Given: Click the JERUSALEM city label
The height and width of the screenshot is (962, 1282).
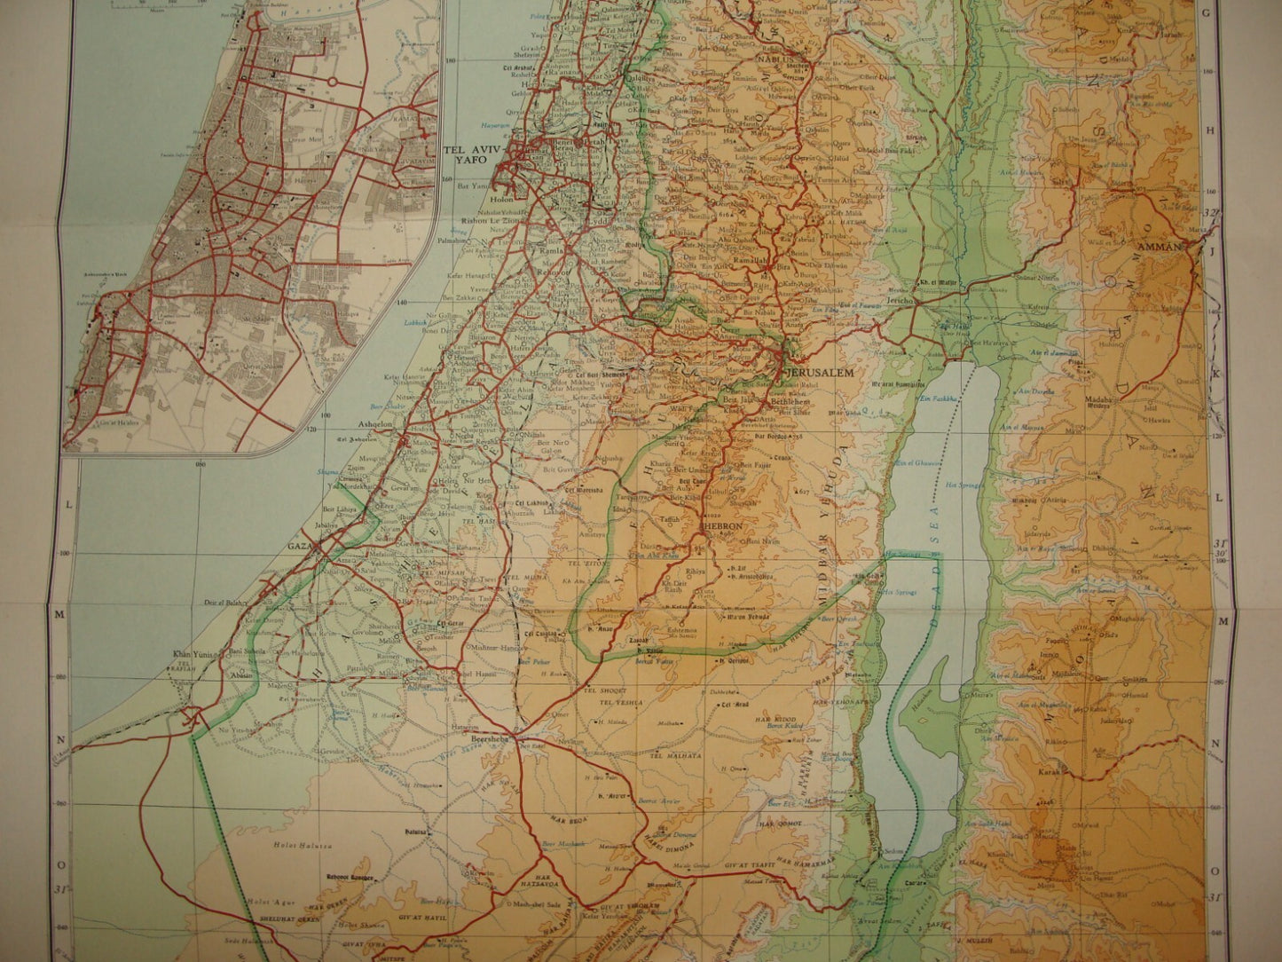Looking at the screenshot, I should click(x=822, y=374).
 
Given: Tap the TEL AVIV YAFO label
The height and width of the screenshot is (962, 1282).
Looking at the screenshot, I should click(x=471, y=157).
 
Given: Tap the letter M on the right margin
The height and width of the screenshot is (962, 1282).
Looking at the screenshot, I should click(x=1223, y=621).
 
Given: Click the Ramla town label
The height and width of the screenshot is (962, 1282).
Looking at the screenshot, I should click(x=541, y=251).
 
